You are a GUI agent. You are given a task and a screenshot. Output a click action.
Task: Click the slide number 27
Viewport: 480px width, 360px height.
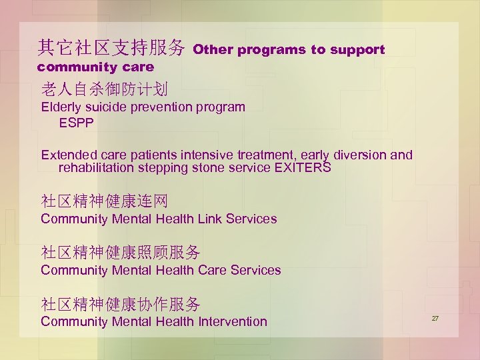[435, 319]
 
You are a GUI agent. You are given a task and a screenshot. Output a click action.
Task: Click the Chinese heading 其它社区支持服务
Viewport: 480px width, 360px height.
[111, 47]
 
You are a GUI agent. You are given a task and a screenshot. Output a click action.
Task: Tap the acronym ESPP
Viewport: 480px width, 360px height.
[77, 123]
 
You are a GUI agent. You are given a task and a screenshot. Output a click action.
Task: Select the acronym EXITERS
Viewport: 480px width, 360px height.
[302, 168]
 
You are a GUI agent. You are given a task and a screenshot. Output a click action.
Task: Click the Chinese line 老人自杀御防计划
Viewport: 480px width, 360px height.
[104, 89]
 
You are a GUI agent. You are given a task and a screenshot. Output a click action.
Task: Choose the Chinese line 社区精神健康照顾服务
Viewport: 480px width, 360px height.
[120, 253]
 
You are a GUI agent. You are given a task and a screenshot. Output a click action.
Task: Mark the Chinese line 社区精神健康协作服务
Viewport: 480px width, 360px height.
[120, 305]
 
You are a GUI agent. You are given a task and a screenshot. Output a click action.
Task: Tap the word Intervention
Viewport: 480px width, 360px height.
[233, 321]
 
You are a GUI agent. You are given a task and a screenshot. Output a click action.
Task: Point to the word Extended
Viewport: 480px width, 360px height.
[68, 155]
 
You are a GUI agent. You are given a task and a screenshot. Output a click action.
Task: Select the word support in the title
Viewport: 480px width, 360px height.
[359, 50]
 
